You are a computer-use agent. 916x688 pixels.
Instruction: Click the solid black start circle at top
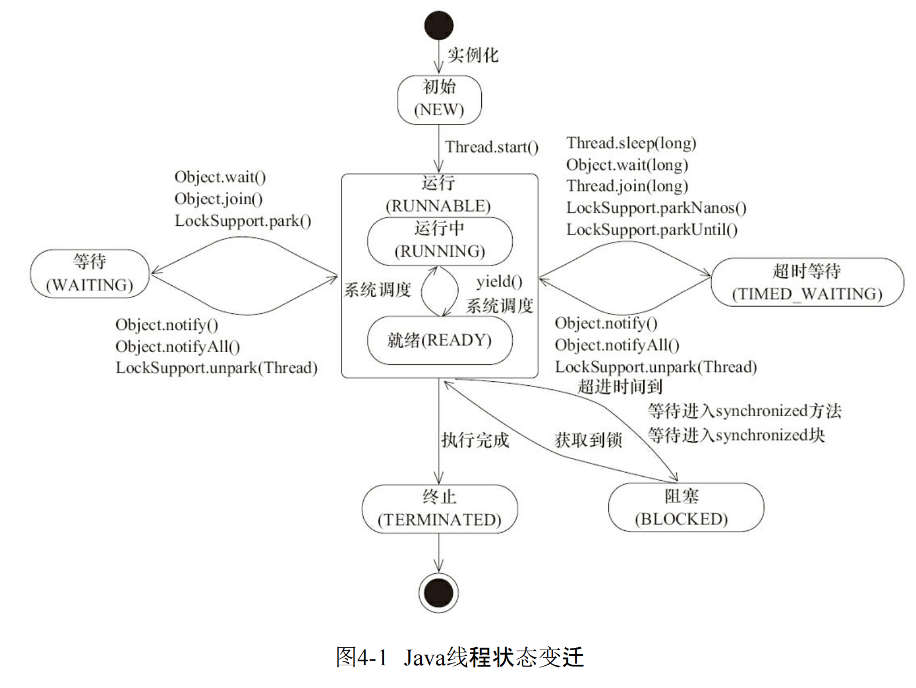point(439,26)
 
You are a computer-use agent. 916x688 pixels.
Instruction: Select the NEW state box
point(439,100)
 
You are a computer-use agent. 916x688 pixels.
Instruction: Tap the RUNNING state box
point(439,240)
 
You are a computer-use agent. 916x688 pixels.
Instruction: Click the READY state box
point(439,341)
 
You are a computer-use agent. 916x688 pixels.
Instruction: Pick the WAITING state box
point(90,274)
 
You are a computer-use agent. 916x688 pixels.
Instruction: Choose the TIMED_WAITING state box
point(807,282)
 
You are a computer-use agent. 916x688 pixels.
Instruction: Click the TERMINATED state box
point(439,509)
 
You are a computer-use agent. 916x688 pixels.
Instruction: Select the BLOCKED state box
point(685,508)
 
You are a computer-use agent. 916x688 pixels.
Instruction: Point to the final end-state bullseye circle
point(439,593)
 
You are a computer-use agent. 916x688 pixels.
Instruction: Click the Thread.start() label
point(492,147)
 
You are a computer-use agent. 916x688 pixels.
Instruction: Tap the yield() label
point(499,282)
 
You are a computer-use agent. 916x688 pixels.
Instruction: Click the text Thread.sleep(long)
point(631,143)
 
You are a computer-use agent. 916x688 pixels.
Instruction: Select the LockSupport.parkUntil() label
point(652,230)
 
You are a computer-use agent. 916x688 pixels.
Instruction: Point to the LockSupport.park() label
point(243,221)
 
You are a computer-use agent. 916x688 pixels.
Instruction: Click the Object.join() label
point(218,199)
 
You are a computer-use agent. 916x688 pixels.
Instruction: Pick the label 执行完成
point(475,440)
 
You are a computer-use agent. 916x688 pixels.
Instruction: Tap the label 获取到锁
point(588,440)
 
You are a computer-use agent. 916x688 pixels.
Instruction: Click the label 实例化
point(473,55)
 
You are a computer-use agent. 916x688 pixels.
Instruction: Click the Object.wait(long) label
point(627,165)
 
